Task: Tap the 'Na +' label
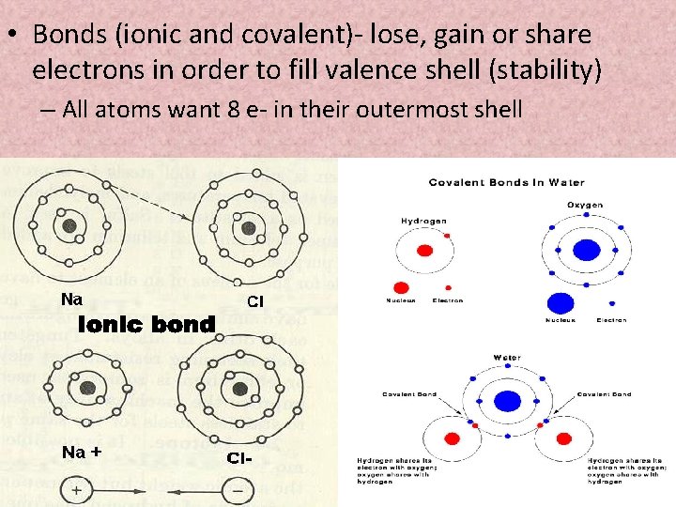click(81, 453)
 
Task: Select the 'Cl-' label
click(240, 458)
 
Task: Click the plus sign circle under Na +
click(76, 489)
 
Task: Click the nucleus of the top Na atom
click(69, 225)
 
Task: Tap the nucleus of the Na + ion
click(88, 388)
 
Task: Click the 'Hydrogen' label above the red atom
click(423, 222)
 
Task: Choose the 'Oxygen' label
click(585, 205)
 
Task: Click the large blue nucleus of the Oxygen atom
click(586, 250)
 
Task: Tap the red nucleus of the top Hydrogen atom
click(423, 251)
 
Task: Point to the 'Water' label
click(506, 358)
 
